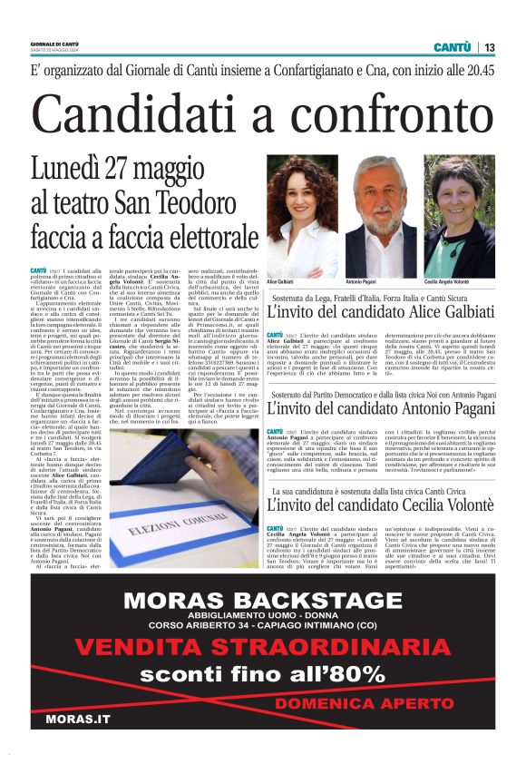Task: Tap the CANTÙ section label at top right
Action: coord(451,47)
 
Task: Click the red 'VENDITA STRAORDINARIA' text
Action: coord(262,647)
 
